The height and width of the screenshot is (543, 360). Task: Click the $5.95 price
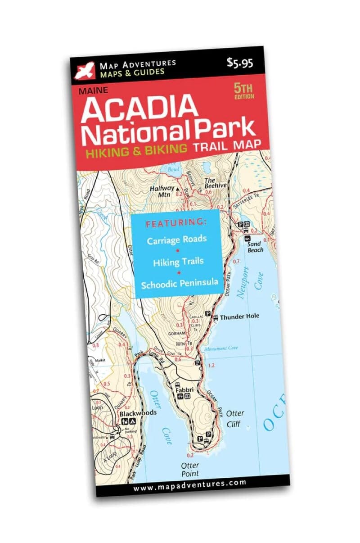240,63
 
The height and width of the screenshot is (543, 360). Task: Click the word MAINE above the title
93,90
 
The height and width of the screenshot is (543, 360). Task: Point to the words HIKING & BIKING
137,150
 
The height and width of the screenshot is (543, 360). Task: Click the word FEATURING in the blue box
176,222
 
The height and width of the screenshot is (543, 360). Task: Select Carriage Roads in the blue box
177,240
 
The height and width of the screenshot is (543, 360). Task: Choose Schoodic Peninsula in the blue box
180,284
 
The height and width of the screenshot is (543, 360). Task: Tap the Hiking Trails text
178,262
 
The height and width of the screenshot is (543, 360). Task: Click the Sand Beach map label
255,247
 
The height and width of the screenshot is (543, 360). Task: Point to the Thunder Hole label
239,317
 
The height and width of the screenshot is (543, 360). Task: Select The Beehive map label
216,182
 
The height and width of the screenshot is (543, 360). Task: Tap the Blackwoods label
138,413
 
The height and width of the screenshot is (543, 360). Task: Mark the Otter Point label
190,469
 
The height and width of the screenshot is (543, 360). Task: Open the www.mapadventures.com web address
189,483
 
